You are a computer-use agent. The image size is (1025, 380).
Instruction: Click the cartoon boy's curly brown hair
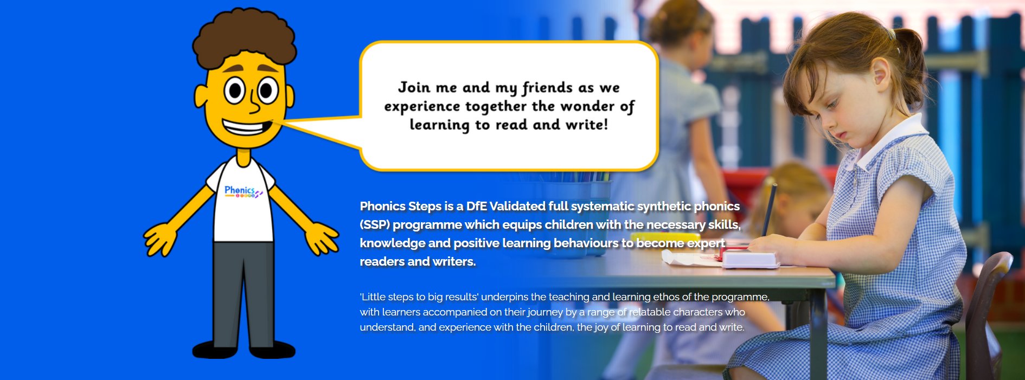[x=244, y=38]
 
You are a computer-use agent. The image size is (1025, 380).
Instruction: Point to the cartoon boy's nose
[x=254, y=103]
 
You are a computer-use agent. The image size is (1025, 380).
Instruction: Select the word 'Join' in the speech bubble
[x=414, y=87]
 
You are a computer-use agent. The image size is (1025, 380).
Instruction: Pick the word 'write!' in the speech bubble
[x=587, y=125]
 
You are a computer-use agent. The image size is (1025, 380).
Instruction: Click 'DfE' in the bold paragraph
[x=477, y=206]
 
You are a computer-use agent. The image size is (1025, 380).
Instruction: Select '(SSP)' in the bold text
[x=375, y=225]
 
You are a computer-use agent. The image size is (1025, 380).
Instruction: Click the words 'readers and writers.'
[x=418, y=261]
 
